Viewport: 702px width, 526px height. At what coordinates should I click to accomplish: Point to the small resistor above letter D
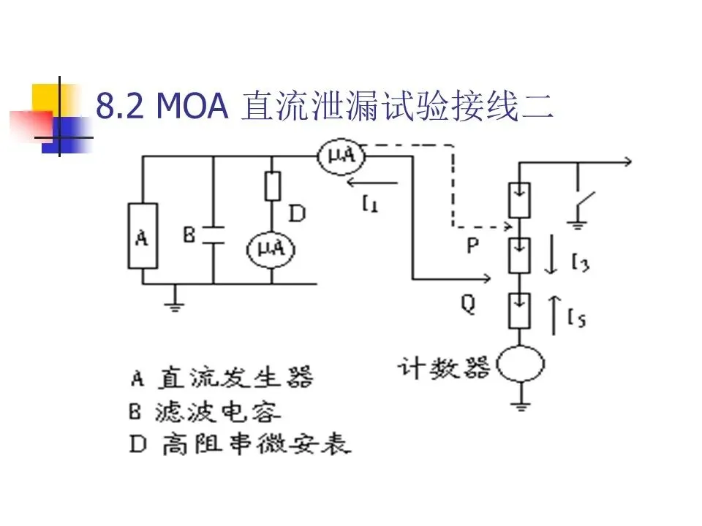(x=271, y=187)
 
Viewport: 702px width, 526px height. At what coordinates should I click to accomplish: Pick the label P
(x=472, y=247)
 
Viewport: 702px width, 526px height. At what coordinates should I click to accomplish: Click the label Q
(x=468, y=303)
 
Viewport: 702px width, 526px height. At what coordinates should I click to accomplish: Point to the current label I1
(x=370, y=205)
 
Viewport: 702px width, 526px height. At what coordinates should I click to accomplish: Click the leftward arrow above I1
(x=372, y=183)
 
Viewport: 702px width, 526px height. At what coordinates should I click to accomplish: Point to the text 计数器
(x=445, y=366)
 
